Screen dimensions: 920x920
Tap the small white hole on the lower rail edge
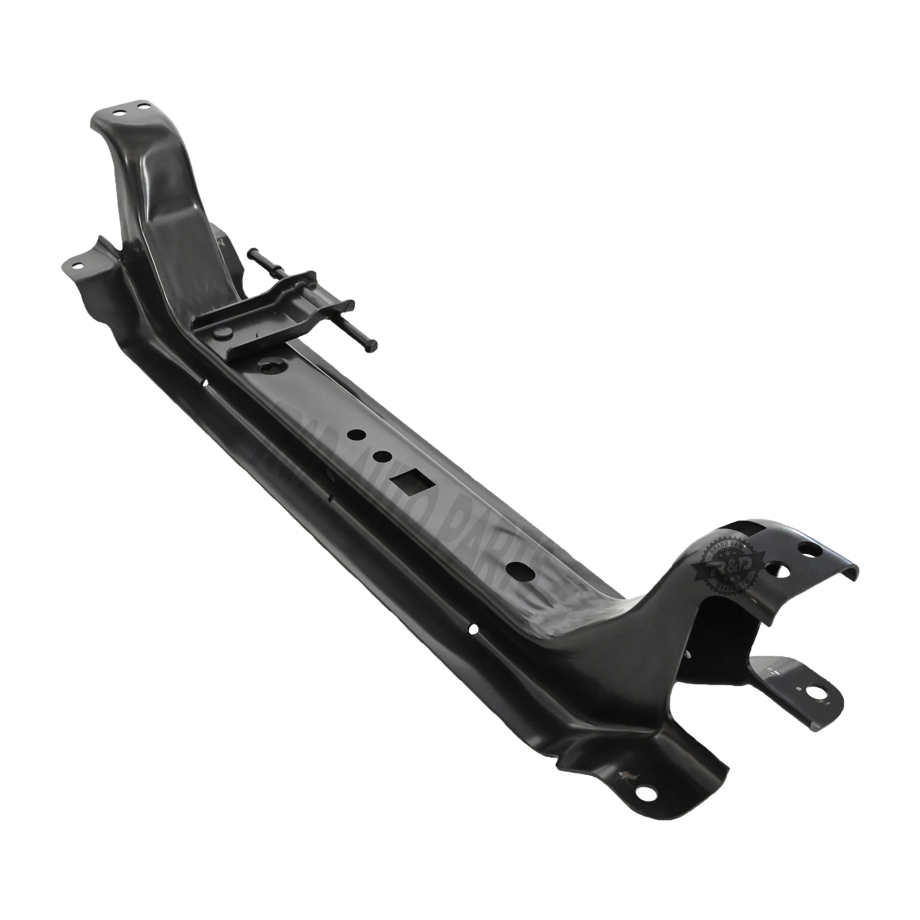click(473, 629)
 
